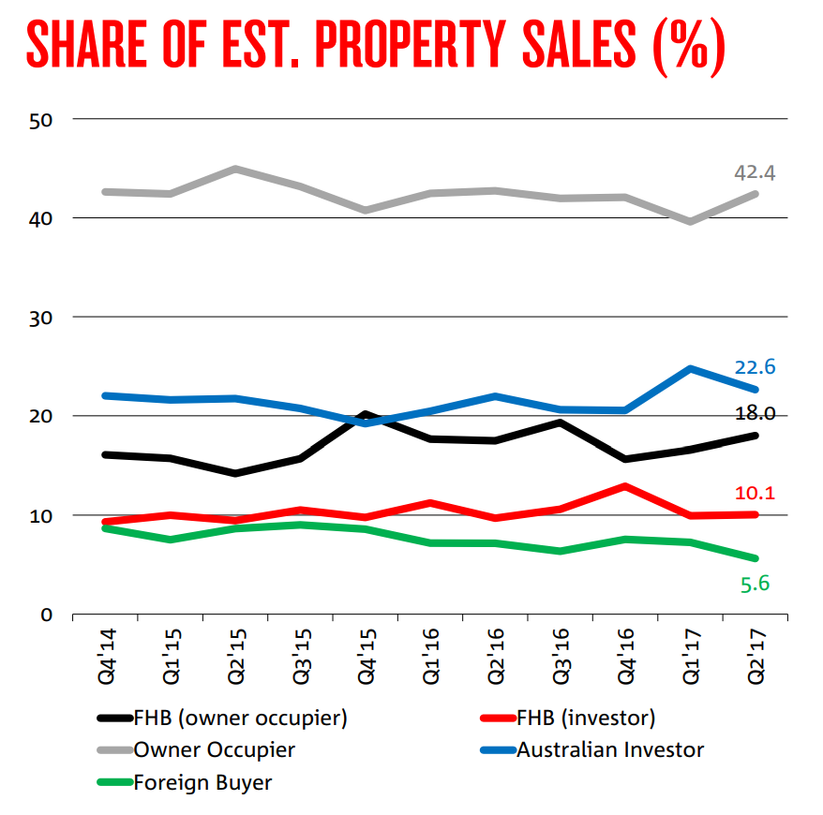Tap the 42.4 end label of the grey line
point(755,172)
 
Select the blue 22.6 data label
point(755,366)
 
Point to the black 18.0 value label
point(755,414)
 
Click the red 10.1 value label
point(755,494)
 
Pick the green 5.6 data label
point(755,584)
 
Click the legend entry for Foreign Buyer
point(202,782)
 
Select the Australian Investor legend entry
point(609,749)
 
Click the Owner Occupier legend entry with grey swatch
point(214,749)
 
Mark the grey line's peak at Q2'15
point(235,170)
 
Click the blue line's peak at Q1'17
point(690,368)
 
